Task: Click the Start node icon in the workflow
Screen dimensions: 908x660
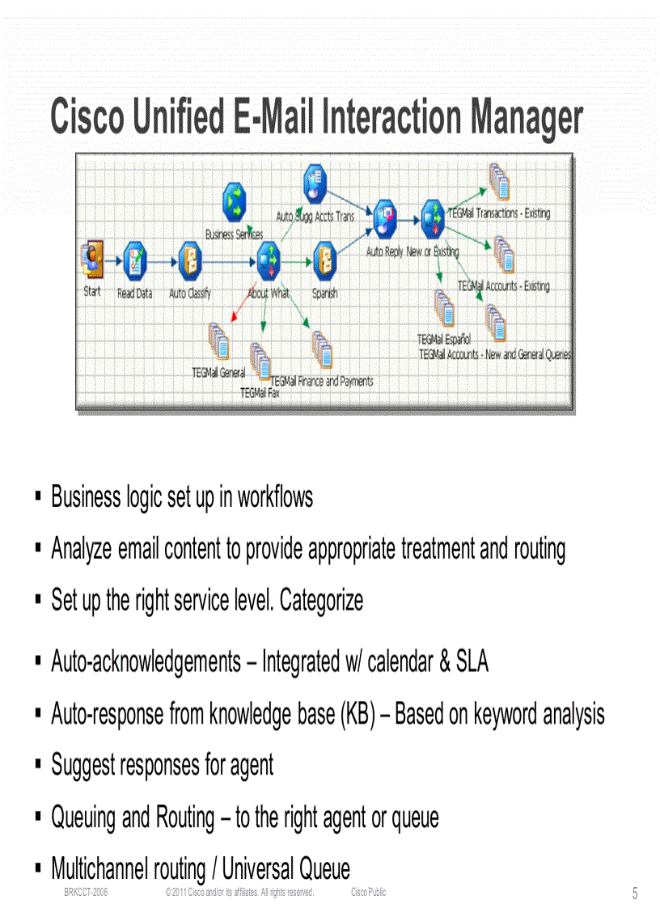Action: (x=93, y=259)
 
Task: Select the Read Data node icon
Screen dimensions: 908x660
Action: (x=134, y=260)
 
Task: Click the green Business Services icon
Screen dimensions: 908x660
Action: (x=235, y=201)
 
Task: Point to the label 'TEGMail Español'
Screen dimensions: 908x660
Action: (x=444, y=340)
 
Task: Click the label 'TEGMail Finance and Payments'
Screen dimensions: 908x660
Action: (x=322, y=381)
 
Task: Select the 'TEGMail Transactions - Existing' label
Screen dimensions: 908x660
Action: (x=498, y=213)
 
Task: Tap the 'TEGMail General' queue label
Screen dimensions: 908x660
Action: (x=218, y=373)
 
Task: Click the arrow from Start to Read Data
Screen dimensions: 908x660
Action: (x=113, y=260)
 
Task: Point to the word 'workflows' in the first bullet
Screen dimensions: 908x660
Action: (x=275, y=496)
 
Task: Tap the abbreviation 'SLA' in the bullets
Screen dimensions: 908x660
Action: (x=472, y=662)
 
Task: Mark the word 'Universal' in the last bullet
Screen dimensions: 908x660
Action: (x=258, y=869)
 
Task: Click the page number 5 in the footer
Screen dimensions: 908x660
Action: (x=635, y=893)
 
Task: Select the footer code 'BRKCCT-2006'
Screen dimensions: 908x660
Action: (x=86, y=892)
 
